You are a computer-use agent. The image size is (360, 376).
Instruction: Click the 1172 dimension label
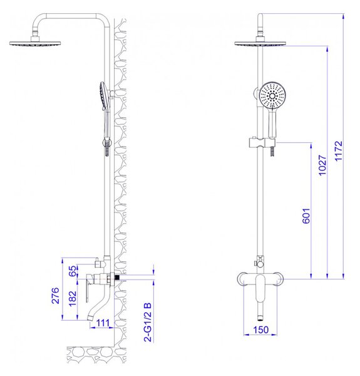tap(339, 151)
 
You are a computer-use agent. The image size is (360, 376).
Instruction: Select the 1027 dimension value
tap(322, 165)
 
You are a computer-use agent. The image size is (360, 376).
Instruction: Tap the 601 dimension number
tap(306, 216)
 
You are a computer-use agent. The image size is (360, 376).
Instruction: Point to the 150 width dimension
tap(261, 330)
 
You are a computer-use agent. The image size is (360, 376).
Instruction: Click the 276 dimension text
tap(55, 295)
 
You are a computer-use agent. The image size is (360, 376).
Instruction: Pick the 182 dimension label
tap(73, 299)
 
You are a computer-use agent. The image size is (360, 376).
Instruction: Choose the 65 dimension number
tap(73, 271)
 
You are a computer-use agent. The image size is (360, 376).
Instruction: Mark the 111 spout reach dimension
tap(103, 323)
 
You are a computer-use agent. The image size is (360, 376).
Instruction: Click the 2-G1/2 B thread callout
tap(148, 322)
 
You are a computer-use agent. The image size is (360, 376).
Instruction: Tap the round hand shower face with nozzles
tap(272, 96)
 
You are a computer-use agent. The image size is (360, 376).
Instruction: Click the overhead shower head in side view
tap(35, 43)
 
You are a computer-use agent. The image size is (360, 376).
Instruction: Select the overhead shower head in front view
tap(260, 43)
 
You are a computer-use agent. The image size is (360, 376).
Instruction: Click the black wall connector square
tap(117, 278)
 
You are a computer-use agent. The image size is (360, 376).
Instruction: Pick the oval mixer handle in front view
tap(260, 288)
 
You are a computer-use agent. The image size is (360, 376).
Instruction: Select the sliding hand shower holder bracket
tap(262, 143)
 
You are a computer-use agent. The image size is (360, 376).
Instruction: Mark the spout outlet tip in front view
tap(260, 319)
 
